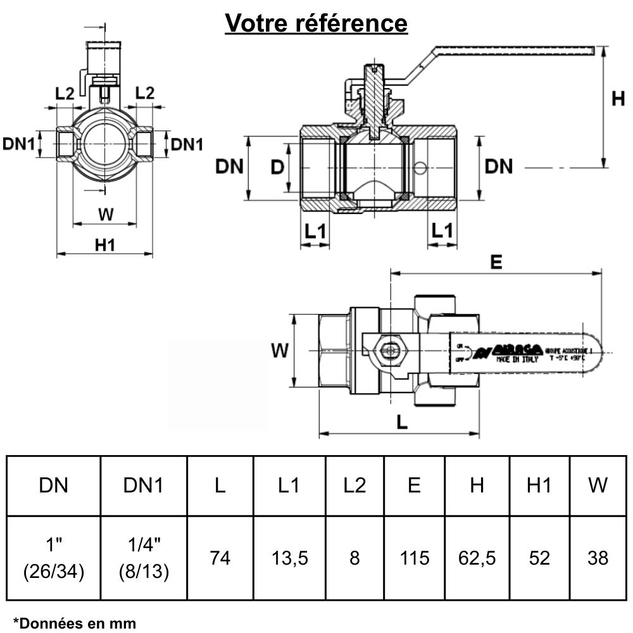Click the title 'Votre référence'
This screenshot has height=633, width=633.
tap(316, 23)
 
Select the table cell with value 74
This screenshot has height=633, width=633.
tap(220, 558)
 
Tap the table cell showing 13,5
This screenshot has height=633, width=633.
tap(289, 558)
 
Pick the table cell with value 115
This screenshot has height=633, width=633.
tap(415, 558)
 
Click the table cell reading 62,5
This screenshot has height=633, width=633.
tap(477, 558)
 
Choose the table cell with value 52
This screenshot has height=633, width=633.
tap(539, 558)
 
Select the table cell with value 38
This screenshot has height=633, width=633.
tap(598, 558)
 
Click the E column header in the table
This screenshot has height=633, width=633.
tap(415, 486)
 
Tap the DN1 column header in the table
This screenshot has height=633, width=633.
tap(144, 486)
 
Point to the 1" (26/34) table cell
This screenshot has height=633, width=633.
tap(54, 558)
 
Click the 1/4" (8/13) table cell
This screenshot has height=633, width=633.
tap(144, 558)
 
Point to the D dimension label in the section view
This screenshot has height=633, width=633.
tap(277, 167)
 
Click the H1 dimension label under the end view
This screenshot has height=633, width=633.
tap(105, 244)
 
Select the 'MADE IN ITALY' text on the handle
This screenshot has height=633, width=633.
tap(517, 359)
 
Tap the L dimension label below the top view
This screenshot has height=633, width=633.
tap(401, 423)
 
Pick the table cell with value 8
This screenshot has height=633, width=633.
tap(354, 558)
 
